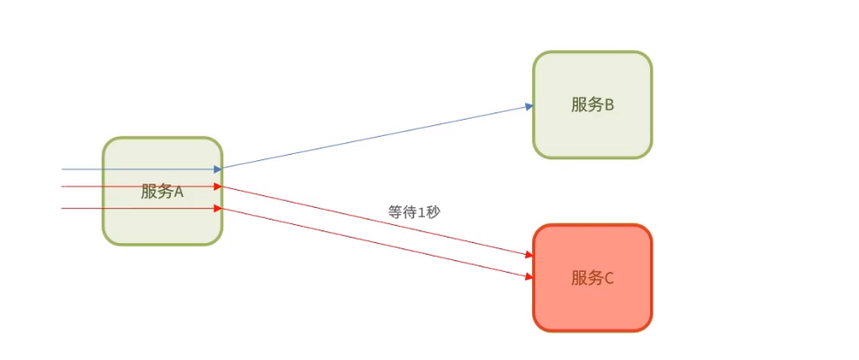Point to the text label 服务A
coord(162,191)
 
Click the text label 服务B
coord(592,104)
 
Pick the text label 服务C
coord(592,278)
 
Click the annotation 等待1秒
coord(414,212)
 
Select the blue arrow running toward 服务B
coord(378,137)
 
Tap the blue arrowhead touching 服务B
coord(529,106)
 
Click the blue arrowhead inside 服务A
coord(217,168)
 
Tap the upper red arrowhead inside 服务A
coord(217,186)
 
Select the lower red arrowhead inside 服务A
coord(217,209)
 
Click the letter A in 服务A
coord(178,191)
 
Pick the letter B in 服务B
coord(609,104)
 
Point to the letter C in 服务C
coord(609,278)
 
